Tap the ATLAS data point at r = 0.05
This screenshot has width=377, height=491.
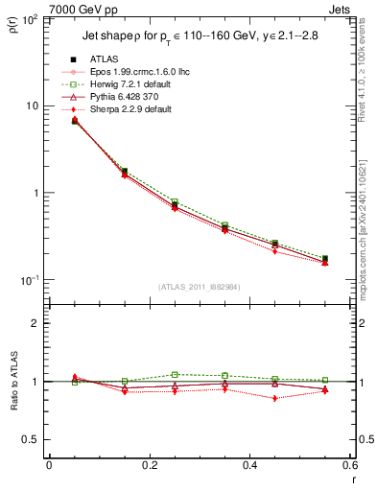pyautogui.click(x=75, y=121)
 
